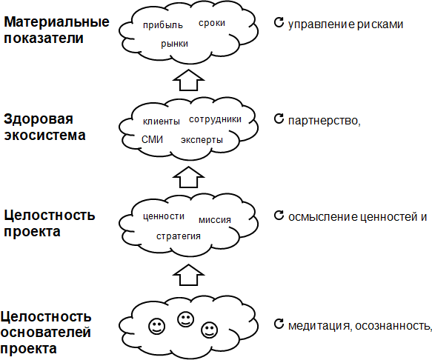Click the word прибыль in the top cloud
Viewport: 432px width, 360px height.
point(163,25)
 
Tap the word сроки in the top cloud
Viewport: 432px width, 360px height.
point(212,23)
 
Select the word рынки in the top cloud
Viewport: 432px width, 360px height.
point(174,44)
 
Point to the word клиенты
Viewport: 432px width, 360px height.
point(162,121)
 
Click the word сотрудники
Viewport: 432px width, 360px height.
point(215,119)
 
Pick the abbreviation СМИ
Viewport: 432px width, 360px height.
point(153,139)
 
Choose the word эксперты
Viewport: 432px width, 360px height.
point(202,140)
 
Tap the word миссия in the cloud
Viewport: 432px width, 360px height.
point(215,220)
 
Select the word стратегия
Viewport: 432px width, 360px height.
point(179,236)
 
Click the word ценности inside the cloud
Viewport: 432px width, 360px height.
point(164,216)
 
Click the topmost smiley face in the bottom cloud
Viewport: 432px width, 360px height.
point(186,319)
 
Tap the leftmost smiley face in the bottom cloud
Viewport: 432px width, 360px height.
point(157,326)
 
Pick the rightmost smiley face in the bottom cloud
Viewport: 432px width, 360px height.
point(210,330)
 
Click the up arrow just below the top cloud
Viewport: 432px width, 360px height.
point(188,80)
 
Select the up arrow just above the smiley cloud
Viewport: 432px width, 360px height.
point(188,275)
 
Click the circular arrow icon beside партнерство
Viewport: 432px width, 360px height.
point(279,119)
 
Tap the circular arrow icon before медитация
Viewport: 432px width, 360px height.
point(279,324)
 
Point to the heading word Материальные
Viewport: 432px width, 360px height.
point(56,22)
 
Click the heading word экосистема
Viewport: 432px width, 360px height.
point(44,136)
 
